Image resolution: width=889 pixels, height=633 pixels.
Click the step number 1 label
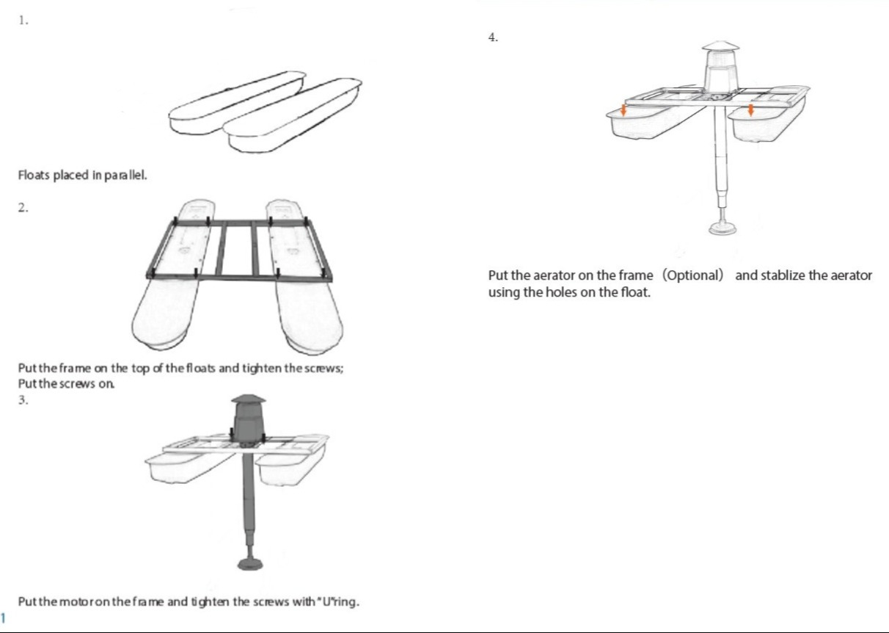click(23, 21)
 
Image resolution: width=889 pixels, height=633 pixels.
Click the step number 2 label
click(23, 208)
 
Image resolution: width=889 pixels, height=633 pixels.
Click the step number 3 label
click(23, 400)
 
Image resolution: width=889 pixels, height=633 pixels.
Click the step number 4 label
click(493, 37)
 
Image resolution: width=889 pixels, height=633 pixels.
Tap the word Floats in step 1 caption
click(34, 176)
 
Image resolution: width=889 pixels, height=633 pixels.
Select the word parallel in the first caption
click(125, 176)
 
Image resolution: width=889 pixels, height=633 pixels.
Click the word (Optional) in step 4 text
click(693, 275)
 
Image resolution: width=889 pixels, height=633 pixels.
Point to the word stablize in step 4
click(782, 275)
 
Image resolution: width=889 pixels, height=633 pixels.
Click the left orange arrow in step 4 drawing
click(623, 110)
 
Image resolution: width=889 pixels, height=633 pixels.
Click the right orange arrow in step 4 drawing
click(750, 110)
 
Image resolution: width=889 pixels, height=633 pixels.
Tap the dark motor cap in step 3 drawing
click(249, 399)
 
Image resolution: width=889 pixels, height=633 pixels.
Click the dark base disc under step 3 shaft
click(250, 564)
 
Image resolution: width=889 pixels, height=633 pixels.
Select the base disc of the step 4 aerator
click(722, 228)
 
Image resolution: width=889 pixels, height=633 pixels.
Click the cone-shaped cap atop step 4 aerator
click(721, 46)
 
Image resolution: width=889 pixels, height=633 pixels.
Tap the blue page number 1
click(3, 618)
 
